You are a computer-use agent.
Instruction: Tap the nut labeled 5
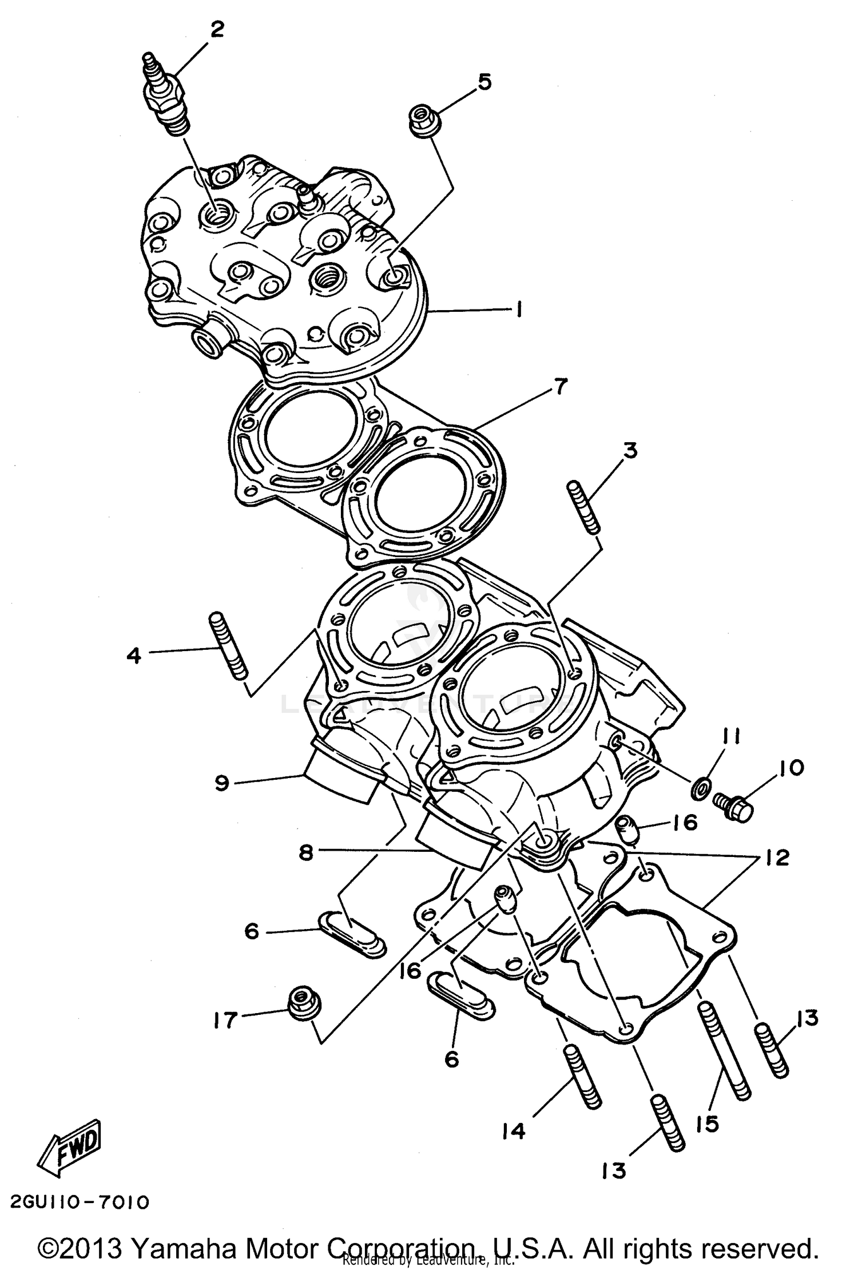(423, 121)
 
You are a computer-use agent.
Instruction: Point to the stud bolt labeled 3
(583, 507)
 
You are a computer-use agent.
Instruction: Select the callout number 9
(223, 782)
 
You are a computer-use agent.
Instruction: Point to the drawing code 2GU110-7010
(79, 1203)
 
